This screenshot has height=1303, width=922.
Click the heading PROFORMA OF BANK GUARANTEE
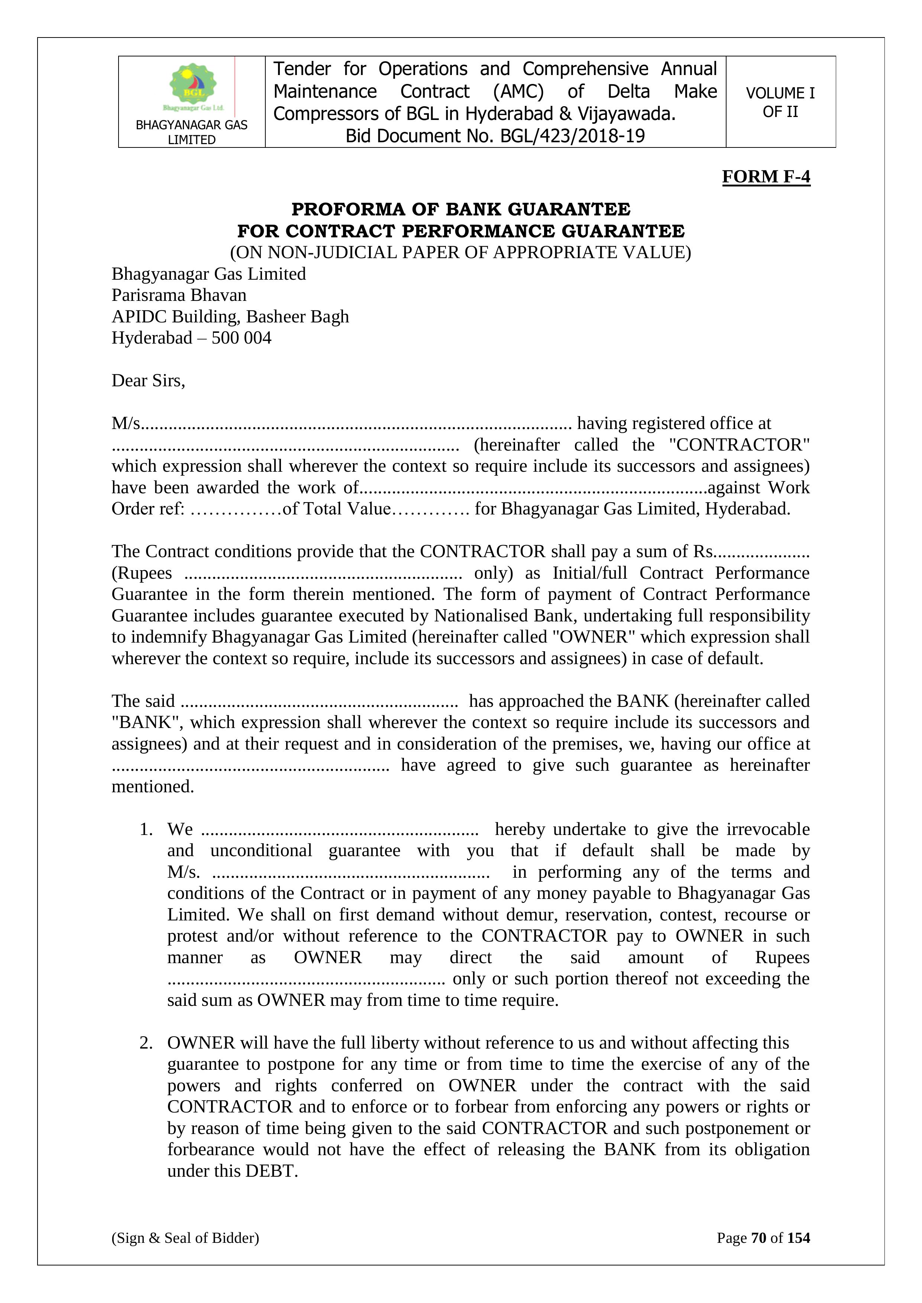(460, 209)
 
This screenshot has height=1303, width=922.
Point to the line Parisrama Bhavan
(179, 295)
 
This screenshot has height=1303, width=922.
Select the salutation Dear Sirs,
(148, 380)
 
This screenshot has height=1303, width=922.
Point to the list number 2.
(146, 1043)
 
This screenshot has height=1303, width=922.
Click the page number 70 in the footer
(758, 1238)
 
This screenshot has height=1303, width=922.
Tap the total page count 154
(798, 1238)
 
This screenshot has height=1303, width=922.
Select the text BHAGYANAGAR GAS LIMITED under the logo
(191, 132)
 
